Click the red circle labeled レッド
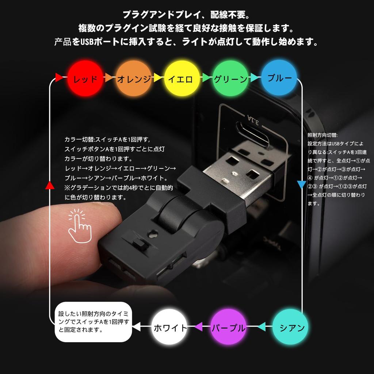[x=85, y=78]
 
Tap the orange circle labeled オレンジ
[x=134, y=78]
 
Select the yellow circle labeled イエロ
[x=182, y=78]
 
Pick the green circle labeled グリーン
[x=230, y=78]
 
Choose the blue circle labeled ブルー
[x=279, y=78]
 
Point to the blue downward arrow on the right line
[x=301, y=184]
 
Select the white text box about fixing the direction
[x=93, y=322]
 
